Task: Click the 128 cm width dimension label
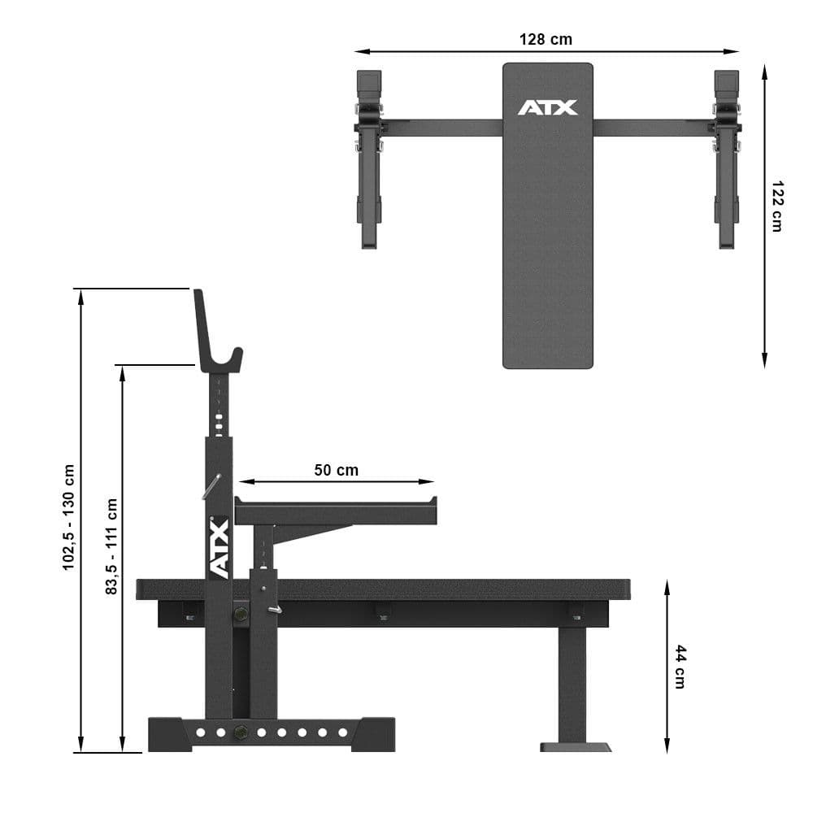click(546, 39)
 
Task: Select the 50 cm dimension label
click(336, 470)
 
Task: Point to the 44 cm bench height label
click(680, 667)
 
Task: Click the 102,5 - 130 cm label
click(69, 517)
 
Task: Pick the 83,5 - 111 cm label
click(111, 546)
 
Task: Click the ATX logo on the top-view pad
click(547, 107)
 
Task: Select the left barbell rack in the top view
click(369, 159)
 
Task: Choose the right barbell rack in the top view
click(726, 159)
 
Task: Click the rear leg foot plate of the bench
click(576, 746)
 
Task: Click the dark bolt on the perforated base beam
click(240, 733)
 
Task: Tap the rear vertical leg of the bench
click(572, 684)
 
